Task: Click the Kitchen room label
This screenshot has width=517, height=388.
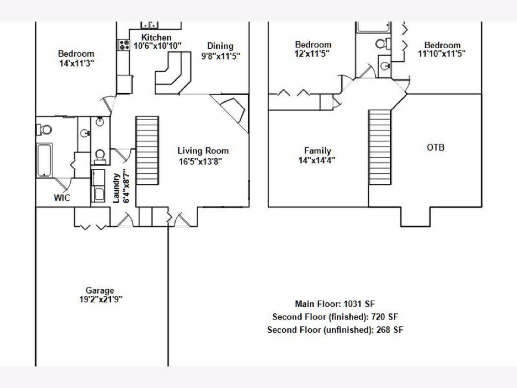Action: pos(156,37)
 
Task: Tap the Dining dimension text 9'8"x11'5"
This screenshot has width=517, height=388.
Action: pos(221,56)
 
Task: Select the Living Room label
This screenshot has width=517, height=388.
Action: pos(203,151)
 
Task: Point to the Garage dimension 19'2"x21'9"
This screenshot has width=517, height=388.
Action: pos(101,300)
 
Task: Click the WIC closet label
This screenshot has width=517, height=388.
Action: pos(62,197)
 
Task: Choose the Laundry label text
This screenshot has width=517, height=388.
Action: pos(116,188)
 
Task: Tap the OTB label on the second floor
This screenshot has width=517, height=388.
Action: pos(436,147)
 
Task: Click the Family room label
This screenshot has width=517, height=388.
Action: pos(318,150)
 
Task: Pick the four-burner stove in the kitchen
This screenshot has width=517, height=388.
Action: pos(124,45)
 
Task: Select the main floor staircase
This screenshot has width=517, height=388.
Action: pos(147,150)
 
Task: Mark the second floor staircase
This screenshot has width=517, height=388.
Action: pos(380,147)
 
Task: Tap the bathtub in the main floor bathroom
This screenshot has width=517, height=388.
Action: pos(44,160)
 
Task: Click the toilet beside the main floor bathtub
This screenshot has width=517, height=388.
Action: pos(44,130)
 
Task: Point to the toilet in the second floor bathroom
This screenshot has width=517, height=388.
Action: pos(383,44)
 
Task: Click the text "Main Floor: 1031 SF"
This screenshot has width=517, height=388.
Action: pos(335,304)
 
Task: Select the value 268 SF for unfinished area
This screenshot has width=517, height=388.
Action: pos(390,329)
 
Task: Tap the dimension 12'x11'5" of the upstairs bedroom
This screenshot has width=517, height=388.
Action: pos(312,54)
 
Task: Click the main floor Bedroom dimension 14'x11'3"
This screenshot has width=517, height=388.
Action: pos(77,63)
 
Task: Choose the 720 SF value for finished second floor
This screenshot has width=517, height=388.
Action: pos(385,316)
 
